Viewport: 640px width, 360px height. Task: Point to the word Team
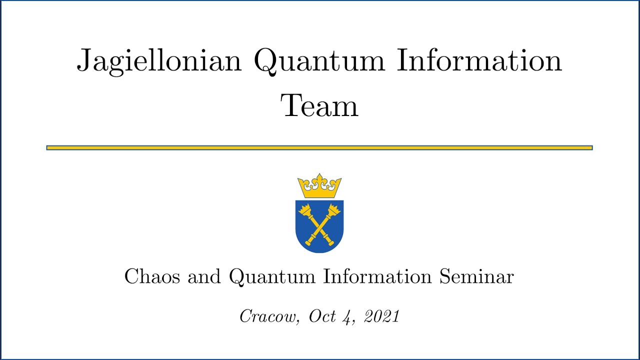click(320, 106)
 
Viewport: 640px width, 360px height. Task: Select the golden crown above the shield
click(319, 187)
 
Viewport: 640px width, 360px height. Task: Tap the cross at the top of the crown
click(319, 177)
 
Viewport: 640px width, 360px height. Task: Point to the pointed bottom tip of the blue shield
click(319, 252)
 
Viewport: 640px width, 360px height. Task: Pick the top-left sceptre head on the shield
click(304, 210)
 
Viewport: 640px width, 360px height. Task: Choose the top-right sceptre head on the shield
click(333, 210)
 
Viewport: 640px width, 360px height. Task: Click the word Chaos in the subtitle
click(152, 276)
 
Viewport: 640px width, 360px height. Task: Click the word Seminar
click(476, 276)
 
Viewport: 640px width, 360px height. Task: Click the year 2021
click(381, 316)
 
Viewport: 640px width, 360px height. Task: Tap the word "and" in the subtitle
click(204, 276)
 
